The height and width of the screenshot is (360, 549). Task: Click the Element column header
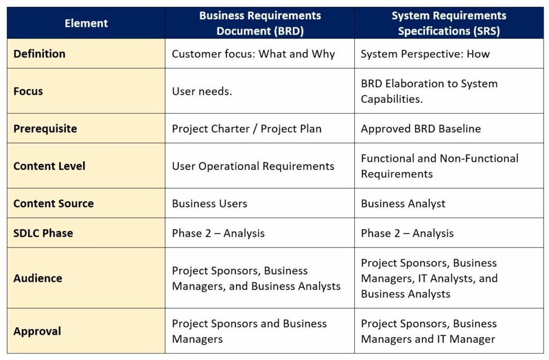pos(86,23)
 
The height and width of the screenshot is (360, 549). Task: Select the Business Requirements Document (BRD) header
pos(260,23)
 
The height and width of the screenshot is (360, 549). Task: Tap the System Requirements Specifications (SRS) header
pos(449,23)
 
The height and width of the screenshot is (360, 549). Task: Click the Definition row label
pos(39,54)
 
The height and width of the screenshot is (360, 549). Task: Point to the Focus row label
pos(28,91)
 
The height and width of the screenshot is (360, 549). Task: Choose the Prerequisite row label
pos(45,129)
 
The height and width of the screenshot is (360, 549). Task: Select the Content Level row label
pos(49,166)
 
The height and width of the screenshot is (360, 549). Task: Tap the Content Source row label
pos(54,203)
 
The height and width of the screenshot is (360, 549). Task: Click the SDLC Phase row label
pos(43,233)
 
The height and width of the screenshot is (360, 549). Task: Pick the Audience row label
pos(38,278)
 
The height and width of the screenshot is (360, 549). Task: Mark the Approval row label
pos(37,331)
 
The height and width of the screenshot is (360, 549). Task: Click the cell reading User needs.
pos(202,91)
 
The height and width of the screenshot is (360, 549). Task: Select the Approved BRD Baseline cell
pos(421,129)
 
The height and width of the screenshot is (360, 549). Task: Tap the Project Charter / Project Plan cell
pos(247,129)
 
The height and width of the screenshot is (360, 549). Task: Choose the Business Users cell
pos(210,203)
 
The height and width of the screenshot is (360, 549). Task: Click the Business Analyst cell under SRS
pos(403,203)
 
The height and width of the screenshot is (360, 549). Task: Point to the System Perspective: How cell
pos(425,54)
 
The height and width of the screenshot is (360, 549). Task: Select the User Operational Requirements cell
pos(253,166)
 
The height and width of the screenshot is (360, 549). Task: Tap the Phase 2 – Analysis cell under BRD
pos(218,233)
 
